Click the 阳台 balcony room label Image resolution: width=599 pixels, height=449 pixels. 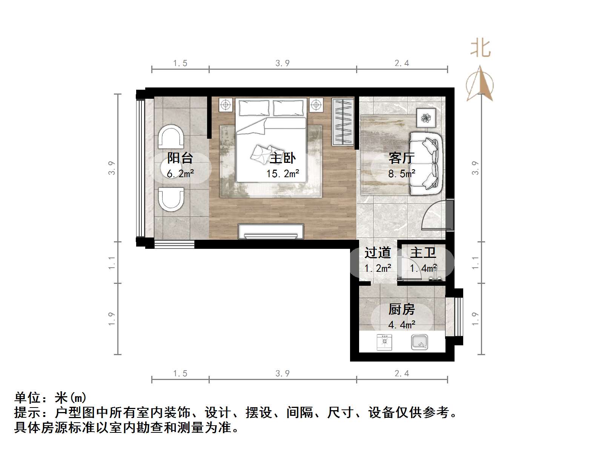tap(180, 158)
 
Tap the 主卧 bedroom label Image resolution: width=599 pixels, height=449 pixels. tap(283, 158)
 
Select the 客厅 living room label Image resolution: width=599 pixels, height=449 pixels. tap(401, 158)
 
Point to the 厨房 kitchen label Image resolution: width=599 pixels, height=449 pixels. tap(401, 310)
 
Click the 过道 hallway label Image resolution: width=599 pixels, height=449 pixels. tap(377, 253)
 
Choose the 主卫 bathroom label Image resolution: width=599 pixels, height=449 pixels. tap(423, 253)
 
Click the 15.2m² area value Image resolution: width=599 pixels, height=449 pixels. tap(283, 173)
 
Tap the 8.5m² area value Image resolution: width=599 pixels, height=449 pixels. tap(401, 173)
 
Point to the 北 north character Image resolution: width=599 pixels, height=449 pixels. tap(480, 48)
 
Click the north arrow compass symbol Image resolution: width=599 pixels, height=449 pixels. tap(480, 84)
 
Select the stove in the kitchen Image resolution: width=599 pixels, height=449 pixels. tap(384, 342)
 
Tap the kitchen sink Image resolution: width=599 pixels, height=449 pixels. tap(419, 342)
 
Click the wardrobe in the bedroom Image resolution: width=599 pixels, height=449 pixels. tap(343, 122)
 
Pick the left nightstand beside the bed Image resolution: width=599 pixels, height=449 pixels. tap(226, 105)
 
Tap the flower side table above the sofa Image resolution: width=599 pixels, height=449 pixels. tap(426, 118)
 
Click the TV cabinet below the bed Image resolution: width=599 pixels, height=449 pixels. tap(271, 231)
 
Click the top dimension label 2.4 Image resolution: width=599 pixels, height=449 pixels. tap(402, 63)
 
